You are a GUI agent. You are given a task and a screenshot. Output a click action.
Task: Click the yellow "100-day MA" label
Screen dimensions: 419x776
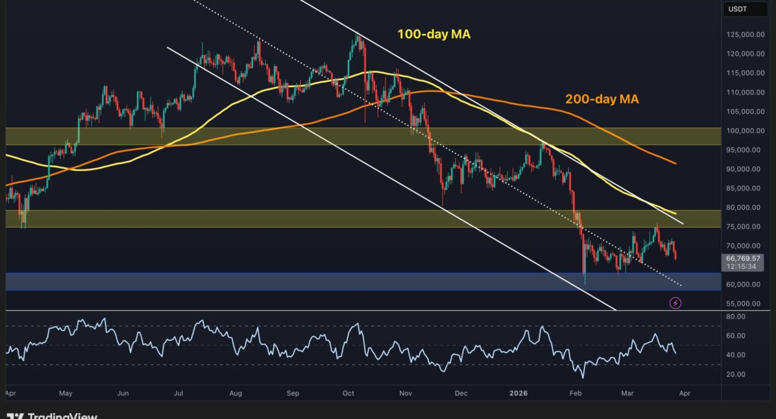[434, 35]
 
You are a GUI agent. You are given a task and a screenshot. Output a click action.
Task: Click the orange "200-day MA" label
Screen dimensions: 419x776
[602, 99]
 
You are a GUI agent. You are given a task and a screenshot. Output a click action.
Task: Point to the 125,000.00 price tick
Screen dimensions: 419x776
[744, 35]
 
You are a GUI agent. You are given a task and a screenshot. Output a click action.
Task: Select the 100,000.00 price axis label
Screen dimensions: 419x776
[744, 130]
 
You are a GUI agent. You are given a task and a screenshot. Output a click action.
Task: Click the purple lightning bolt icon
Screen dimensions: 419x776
[675, 303]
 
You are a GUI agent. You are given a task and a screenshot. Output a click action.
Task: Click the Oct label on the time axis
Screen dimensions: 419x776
[348, 393]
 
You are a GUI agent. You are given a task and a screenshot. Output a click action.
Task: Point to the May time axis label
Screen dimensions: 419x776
[66, 393]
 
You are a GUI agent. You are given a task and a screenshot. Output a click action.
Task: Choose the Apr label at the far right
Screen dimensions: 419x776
[684, 393]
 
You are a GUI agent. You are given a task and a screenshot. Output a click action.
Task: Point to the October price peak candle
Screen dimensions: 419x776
[358, 34]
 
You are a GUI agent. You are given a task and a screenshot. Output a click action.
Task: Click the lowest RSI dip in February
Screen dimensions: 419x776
[582, 378]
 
